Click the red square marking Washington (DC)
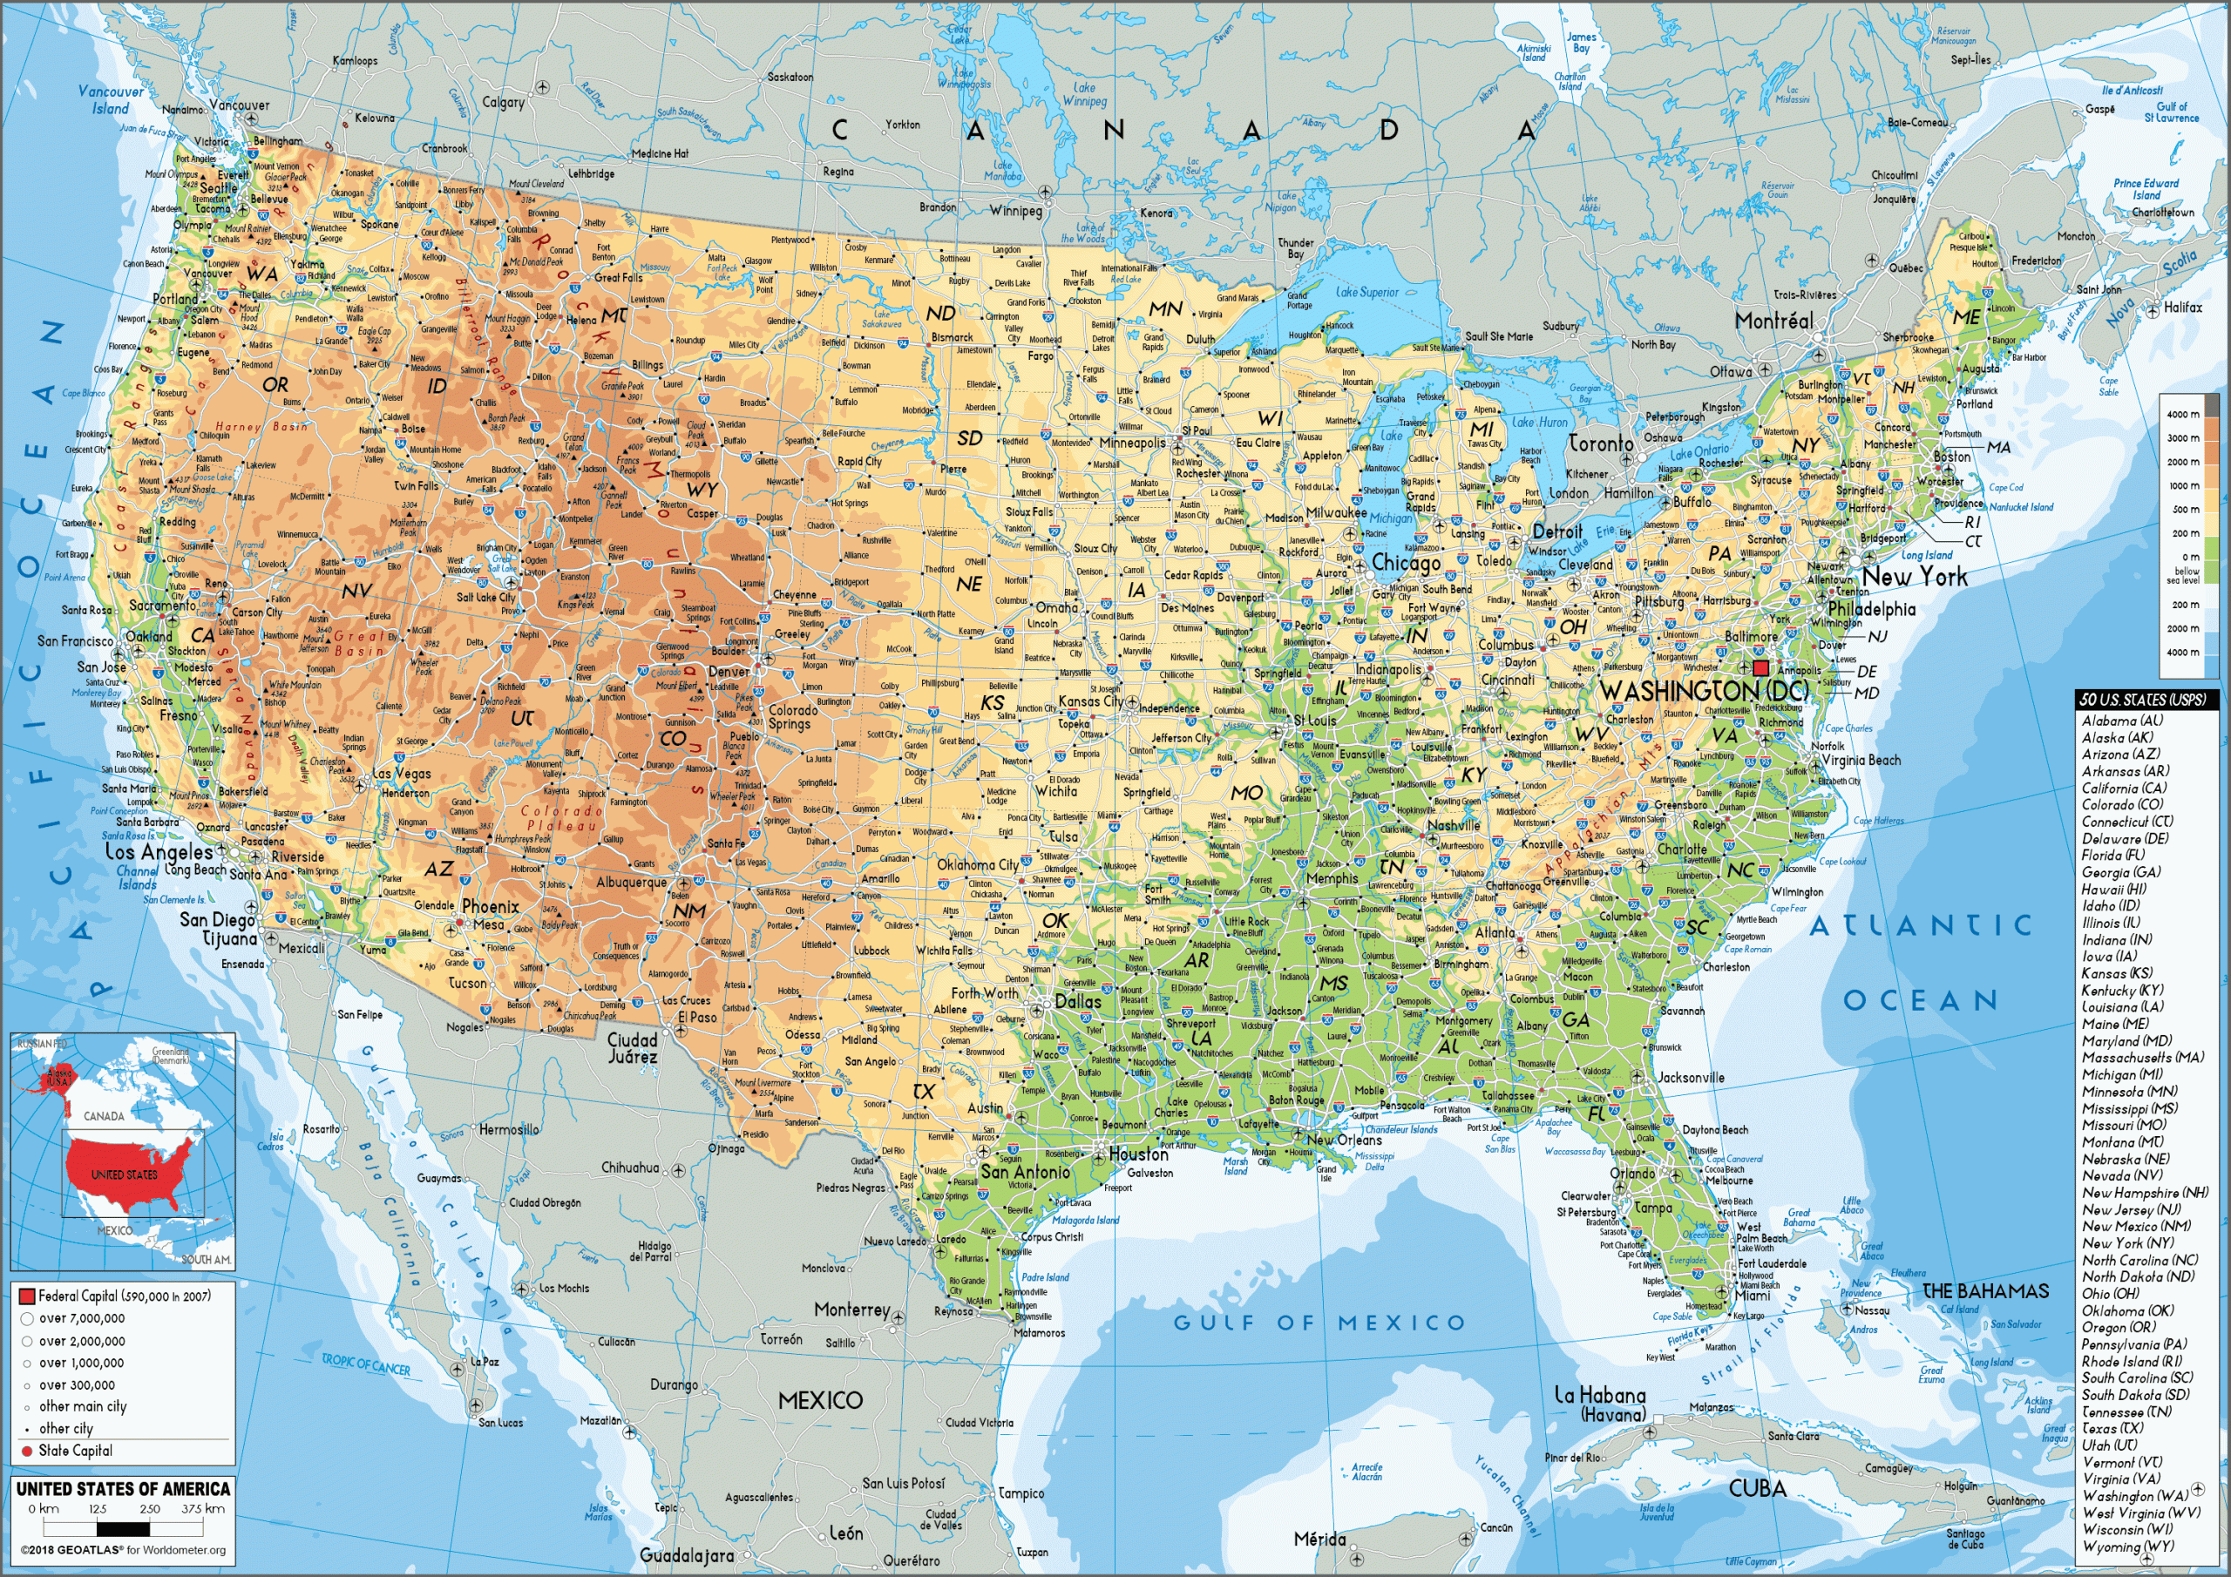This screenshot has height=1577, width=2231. [x=1760, y=668]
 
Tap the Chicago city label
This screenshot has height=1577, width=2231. [x=1405, y=564]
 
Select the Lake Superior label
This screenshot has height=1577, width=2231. [x=1367, y=292]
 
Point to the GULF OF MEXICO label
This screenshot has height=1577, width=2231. [x=1319, y=1323]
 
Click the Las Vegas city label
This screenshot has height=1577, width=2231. [x=401, y=774]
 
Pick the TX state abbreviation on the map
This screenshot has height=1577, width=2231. [x=923, y=1091]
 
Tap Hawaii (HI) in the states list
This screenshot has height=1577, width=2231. [x=2113, y=889]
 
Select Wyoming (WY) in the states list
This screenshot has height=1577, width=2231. [x=2127, y=1546]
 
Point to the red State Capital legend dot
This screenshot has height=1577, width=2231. [x=26, y=1451]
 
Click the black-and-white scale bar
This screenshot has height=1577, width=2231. [x=122, y=1529]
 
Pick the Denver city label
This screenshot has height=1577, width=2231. [x=729, y=672]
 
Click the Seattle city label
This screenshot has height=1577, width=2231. [x=218, y=187]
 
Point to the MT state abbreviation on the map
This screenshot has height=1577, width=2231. [x=614, y=315]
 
